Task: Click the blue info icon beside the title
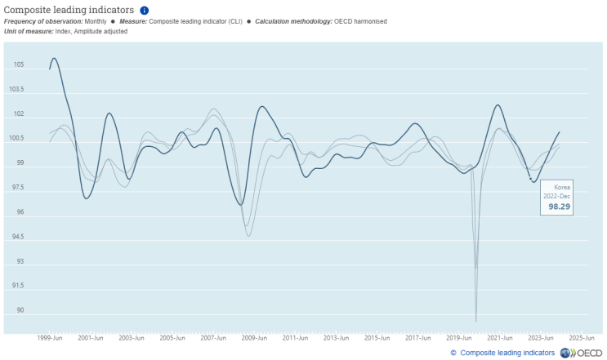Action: [x=145, y=10]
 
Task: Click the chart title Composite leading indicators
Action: [x=69, y=10]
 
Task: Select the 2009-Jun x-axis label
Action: [x=255, y=337]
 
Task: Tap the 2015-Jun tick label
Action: [x=377, y=337]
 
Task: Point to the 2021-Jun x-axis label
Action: [x=500, y=337]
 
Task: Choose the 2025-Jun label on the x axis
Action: [x=582, y=337]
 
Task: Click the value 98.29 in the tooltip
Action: [x=558, y=207]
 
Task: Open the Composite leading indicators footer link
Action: [x=507, y=353]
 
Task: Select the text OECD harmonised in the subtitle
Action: [x=361, y=20]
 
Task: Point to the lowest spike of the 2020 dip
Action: [x=475, y=321]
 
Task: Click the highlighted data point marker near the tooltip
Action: [x=530, y=179]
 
